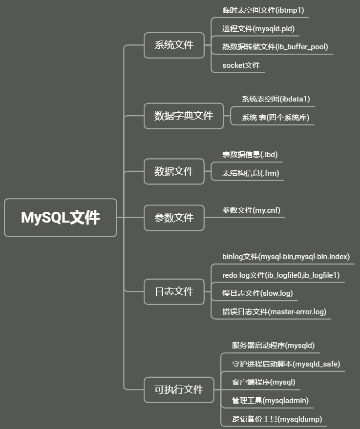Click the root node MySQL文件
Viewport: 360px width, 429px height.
pos(61,218)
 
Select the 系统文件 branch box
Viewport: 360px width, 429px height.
pos(174,45)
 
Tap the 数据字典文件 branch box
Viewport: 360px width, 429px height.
pos(184,116)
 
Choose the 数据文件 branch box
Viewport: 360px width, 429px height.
pos(174,171)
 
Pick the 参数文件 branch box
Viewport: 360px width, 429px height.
pos(174,218)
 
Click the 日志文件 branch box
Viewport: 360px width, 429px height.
pos(174,291)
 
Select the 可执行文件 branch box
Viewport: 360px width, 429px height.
pos(179,389)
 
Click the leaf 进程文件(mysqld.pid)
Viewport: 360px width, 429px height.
pos(258,28)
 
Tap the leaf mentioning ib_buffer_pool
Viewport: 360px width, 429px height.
pos(275,47)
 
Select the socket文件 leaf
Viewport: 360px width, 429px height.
pos(241,65)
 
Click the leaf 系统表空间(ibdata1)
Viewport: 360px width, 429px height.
pos(275,99)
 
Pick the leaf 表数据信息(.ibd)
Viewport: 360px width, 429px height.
pos(250,155)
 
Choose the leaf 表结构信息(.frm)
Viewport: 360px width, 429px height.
pos(251,173)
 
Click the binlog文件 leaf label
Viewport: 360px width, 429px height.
pos(286,257)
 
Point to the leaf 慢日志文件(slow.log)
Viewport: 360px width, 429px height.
pos(257,293)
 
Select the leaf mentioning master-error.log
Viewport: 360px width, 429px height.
pos(274,312)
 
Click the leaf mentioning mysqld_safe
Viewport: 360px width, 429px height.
pos(286,364)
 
